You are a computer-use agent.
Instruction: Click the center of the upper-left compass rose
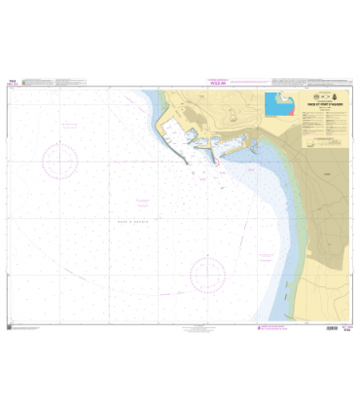(60, 161)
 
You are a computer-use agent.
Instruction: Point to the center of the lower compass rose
(207, 275)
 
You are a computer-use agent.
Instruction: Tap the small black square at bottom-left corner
(11, 327)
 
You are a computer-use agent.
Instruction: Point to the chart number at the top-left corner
(12, 82)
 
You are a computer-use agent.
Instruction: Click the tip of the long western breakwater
(188, 162)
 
